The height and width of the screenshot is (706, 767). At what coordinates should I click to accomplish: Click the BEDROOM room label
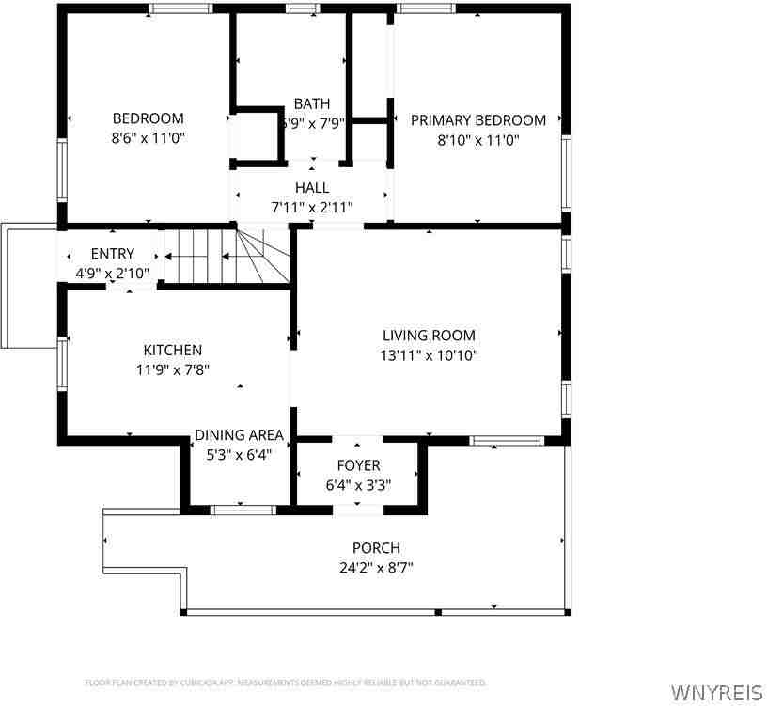pos(149,118)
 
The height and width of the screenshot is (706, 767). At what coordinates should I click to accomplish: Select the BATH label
pos(311,103)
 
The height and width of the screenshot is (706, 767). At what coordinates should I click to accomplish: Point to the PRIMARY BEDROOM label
pos(477,120)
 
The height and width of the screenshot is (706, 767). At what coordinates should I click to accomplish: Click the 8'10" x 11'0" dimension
pos(477,140)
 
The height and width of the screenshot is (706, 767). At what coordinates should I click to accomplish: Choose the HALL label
pos(311,188)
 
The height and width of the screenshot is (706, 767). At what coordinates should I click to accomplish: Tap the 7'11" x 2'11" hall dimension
pos(311,208)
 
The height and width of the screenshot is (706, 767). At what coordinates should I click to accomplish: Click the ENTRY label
pos(112,254)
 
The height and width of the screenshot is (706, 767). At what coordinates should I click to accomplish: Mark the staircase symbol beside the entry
pos(226,256)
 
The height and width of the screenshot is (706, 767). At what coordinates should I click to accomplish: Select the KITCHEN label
pos(172,350)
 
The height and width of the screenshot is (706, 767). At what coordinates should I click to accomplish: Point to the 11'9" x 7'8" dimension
pos(172,370)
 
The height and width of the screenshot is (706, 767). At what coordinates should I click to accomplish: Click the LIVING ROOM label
pos(429,335)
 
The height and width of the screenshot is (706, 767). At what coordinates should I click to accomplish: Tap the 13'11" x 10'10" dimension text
pos(429,355)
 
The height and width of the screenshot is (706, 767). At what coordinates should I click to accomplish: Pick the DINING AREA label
pos(239,435)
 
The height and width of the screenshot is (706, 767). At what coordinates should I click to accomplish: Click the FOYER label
pos(358,465)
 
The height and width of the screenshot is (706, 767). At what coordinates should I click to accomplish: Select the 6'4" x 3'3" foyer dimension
pos(358,486)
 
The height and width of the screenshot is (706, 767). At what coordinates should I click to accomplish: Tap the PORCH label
pos(376,548)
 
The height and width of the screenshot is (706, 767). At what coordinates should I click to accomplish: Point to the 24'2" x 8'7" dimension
pos(376,568)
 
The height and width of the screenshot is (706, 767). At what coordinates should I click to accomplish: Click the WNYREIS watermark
pos(716,693)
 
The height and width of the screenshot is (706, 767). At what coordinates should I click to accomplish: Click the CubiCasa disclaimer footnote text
pos(285,682)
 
